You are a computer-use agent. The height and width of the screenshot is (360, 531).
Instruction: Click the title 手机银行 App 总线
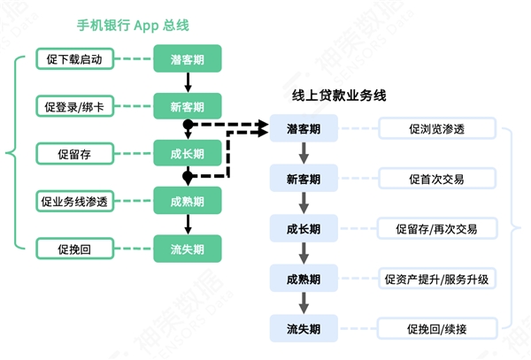pos(133,26)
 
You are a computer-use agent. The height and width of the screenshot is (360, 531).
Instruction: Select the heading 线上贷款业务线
pos(339,96)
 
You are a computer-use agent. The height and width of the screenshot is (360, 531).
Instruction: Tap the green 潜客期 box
pos(188,58)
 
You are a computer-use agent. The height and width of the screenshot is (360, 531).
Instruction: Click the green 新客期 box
pos(188,106)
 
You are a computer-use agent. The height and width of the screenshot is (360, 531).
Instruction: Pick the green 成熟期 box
pos(188,201)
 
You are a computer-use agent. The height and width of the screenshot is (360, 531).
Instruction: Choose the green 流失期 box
pos(188,249)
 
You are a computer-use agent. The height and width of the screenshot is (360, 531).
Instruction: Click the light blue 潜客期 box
pos(304,128)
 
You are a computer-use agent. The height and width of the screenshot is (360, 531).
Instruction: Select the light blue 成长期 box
pos(304,228)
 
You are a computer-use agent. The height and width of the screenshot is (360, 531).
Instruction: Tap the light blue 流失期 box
pos(304,328)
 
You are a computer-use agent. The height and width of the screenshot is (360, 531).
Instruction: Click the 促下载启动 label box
pos(74,59)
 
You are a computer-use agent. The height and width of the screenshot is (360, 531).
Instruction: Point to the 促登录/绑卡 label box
pos(74,106)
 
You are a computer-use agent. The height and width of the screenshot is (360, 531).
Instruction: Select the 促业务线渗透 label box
pos(74,202)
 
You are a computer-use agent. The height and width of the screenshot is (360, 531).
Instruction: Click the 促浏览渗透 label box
pos(437,128)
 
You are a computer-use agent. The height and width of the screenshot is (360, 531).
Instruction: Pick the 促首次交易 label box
pos(437,179)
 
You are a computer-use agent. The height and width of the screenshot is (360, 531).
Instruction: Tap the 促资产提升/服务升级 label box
pos(437,279)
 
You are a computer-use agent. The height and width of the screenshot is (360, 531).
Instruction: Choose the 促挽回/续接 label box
pos(437,328)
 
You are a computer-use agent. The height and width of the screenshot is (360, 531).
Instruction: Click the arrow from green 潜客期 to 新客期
pos(188,82)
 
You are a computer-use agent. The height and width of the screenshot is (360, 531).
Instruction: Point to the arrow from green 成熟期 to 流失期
pos(188,225)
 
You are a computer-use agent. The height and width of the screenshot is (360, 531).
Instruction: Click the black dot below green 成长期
pos(188,176)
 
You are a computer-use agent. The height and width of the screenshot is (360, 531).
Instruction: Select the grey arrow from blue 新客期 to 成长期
pos(304,203)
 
